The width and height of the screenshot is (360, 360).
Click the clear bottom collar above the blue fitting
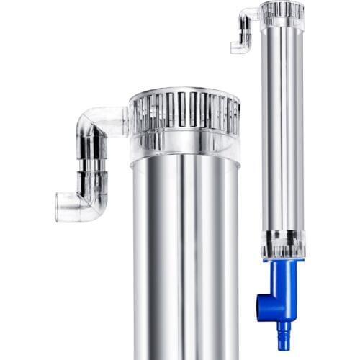282,243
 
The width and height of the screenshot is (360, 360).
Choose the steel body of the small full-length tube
282,130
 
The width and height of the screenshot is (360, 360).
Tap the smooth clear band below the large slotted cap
184,146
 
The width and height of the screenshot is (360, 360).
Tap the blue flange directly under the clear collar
282,263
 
